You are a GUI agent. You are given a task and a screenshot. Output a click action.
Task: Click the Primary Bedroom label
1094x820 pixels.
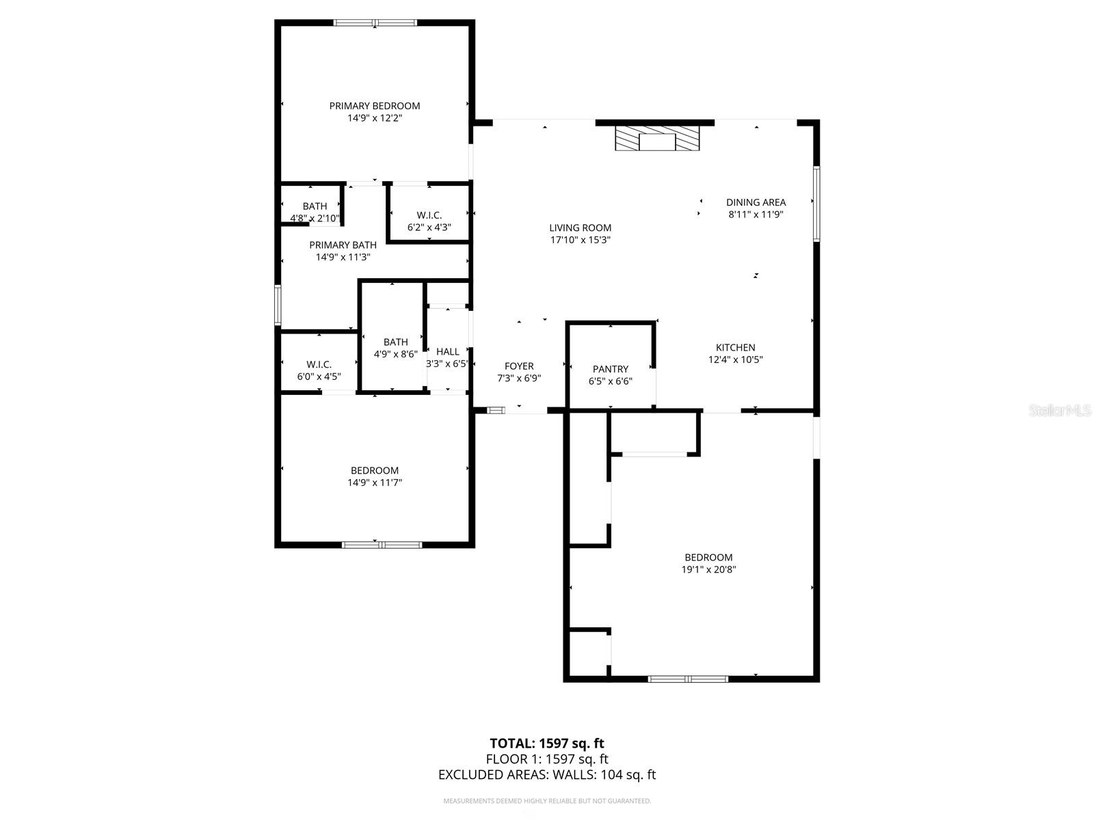375,106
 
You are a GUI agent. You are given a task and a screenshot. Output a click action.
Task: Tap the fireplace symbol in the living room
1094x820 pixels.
657,138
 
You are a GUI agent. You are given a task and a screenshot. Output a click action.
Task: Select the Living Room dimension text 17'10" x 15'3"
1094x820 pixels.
581,240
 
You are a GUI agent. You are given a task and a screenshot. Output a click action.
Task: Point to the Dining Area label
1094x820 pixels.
756,202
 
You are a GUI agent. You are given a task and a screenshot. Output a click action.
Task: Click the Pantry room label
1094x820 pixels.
611,369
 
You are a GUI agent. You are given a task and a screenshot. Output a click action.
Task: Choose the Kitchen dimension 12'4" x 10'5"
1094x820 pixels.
736,359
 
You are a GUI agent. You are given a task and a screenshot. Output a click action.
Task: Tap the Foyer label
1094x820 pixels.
519,366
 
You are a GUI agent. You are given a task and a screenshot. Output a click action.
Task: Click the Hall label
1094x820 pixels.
448,352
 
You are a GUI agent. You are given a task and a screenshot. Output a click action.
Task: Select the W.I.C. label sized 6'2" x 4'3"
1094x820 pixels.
429,215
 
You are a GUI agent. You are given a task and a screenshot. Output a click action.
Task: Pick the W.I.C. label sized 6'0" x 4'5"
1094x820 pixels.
319,365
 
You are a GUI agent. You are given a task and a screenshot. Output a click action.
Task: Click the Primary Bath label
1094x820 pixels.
343,245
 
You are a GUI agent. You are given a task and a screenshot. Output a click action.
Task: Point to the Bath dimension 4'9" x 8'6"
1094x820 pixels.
395,354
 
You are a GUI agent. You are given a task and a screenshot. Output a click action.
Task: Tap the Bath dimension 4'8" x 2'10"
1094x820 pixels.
315,219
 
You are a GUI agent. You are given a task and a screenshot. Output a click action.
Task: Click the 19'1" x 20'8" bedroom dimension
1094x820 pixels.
708,569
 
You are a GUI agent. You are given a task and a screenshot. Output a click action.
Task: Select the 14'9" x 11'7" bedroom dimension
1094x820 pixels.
375,482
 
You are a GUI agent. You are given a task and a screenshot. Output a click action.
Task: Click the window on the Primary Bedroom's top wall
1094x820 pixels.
375,23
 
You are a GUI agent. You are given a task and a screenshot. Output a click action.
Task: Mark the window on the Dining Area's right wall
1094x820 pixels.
816,204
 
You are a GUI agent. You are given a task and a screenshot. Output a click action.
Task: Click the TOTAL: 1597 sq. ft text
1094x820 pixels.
547,743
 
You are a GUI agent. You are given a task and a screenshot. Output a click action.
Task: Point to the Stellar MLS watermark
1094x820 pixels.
1060,411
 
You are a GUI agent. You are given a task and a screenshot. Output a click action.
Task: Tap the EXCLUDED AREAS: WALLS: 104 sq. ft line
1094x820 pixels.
547,775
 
